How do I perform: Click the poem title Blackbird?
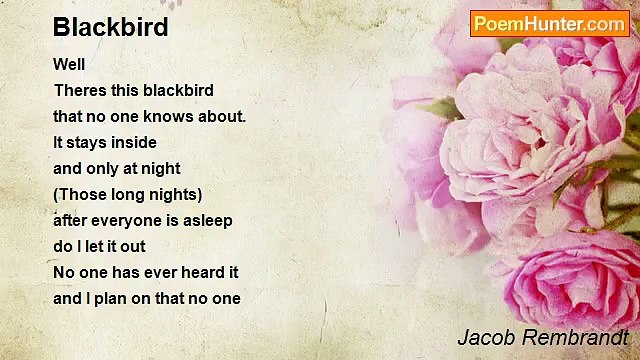pos(111,27)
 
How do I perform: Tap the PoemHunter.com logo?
pos(549,24)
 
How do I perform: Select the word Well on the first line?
pos(70,64)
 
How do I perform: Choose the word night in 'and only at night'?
pos(160,168)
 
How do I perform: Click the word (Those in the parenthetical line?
pos(81,194)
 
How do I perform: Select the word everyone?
pos(127,220)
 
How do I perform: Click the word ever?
pos(147,272)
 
